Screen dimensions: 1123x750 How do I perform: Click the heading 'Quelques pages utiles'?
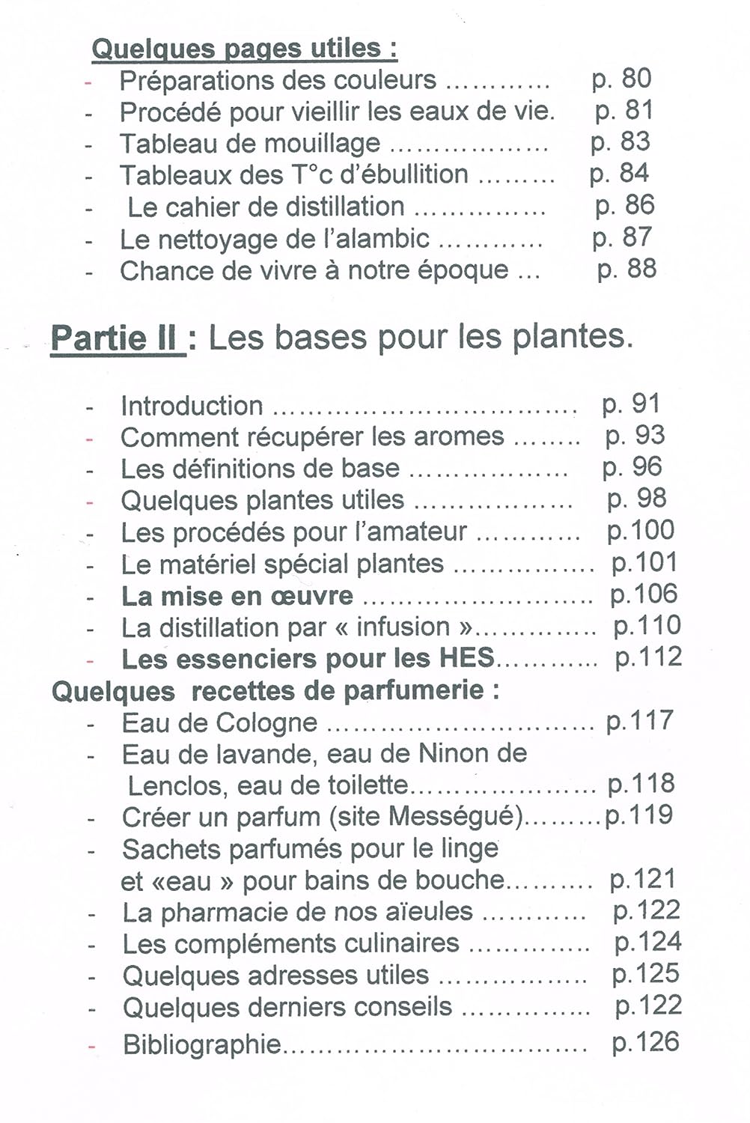(244, 49)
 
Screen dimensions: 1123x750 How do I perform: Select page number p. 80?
(621, 79)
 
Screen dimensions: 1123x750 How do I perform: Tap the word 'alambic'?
(385, 239)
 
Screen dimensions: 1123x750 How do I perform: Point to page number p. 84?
(619, 174)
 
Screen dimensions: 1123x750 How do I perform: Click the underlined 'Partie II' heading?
(117, 338)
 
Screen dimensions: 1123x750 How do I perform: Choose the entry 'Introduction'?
(192, 406)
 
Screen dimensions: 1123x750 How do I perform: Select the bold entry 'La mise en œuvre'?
(237, 596)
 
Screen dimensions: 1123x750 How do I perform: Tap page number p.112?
(648, 657)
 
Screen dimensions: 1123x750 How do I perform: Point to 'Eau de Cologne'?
(220, 723)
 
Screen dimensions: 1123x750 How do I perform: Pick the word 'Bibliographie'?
(202, 1044)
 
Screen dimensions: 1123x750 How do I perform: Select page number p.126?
(645, 1042)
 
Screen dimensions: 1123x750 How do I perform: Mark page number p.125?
(646, 973)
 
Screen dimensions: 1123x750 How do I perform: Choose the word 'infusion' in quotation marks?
(403, 627)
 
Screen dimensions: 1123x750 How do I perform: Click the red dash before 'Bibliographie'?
(91, 1045)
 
